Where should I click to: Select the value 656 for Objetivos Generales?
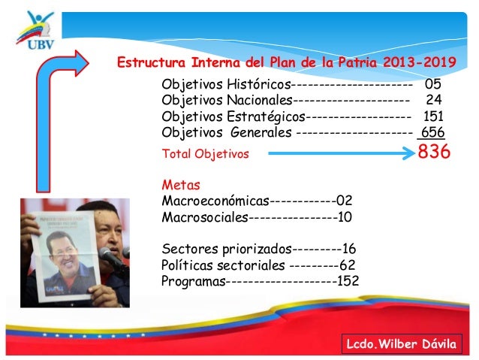[432, 133]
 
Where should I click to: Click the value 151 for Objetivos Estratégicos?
[433, 116]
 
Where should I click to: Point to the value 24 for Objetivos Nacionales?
[434, 99]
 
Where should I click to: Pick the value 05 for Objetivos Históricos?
[433, 83]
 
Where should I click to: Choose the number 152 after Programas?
[348, 281]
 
